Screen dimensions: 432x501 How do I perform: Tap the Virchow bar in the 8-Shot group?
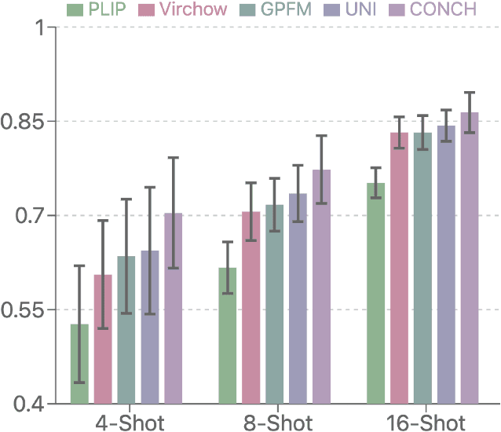click(251, 307)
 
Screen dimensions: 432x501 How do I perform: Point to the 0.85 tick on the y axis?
click(24, 122)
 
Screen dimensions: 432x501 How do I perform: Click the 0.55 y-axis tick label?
click(24, 310)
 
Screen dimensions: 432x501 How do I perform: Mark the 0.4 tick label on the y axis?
click(28, 405)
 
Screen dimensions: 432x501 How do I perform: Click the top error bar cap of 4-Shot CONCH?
click(173, 158)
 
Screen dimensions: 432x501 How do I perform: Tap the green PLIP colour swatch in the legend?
click(75, 9)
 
